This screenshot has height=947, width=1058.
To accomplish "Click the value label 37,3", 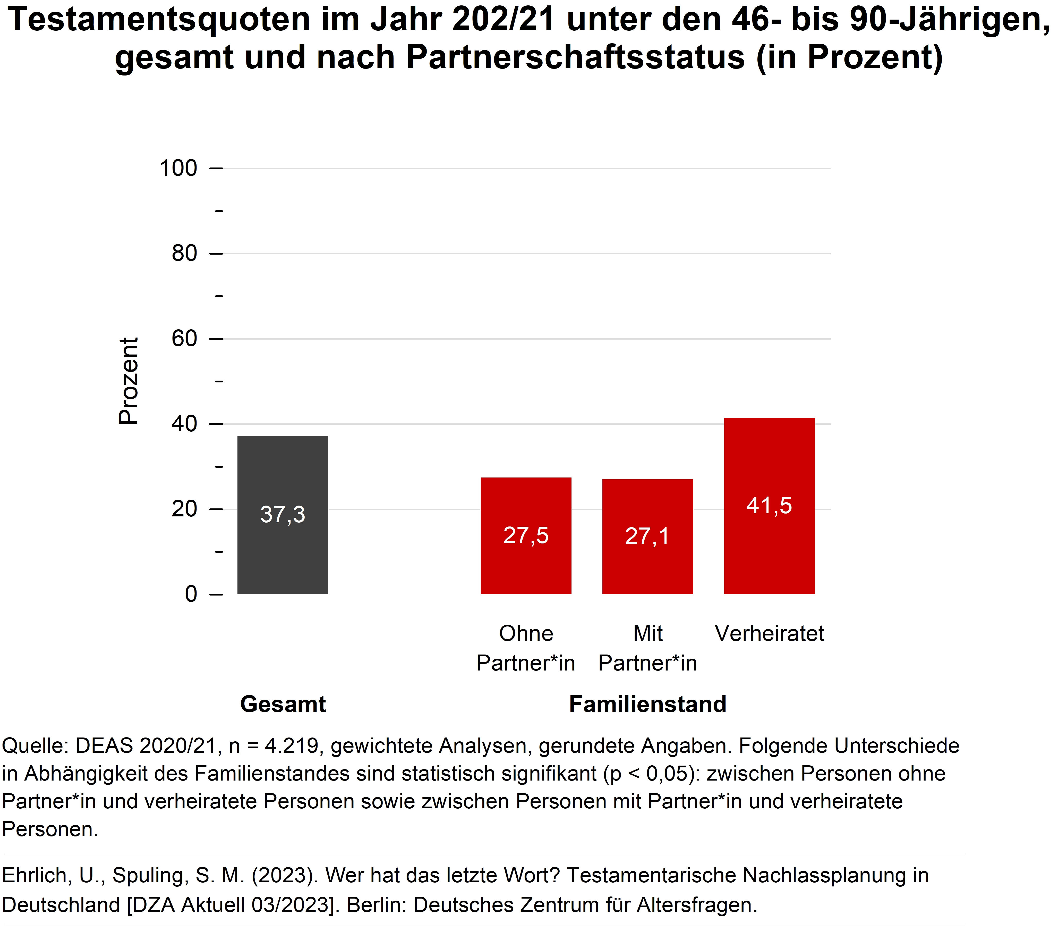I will (x=283, y=515).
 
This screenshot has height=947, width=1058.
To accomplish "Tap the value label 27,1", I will (x=647, y=536).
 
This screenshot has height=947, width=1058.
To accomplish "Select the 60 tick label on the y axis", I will (x=184, y=339).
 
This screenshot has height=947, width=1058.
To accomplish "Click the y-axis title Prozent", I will (x=129, y=381).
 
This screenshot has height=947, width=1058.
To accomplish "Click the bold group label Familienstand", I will (x=647, y=704).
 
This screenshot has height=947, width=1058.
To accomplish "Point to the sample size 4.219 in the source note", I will (x=291, y=746).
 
